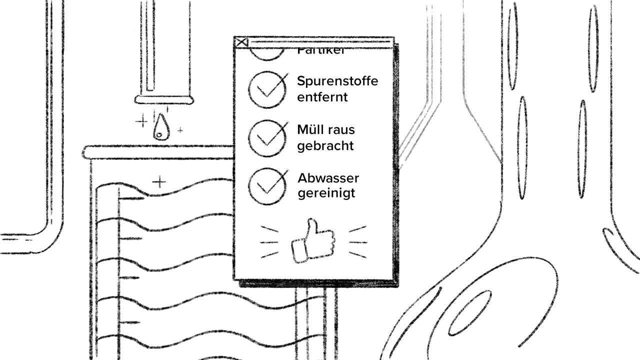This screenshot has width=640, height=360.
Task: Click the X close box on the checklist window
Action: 241,42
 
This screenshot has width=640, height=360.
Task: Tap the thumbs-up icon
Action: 313,240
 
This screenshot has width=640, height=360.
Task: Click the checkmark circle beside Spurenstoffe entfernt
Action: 267,89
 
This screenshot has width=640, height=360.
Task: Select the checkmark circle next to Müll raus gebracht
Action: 267,138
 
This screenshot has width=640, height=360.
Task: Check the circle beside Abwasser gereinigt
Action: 267,186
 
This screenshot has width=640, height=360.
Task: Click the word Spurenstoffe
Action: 337,81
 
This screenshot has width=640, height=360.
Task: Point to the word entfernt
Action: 322,96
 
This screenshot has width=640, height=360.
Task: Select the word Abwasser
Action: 328,178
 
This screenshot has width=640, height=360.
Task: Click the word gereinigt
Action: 326,193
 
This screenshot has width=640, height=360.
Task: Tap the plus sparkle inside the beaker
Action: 159,181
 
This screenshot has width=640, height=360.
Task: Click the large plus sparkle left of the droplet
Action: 142,121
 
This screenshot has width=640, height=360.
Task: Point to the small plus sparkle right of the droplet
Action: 180,130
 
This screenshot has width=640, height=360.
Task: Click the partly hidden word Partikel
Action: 320,52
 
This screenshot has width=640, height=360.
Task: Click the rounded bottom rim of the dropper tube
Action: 164,100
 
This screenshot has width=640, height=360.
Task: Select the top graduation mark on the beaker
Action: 131,198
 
